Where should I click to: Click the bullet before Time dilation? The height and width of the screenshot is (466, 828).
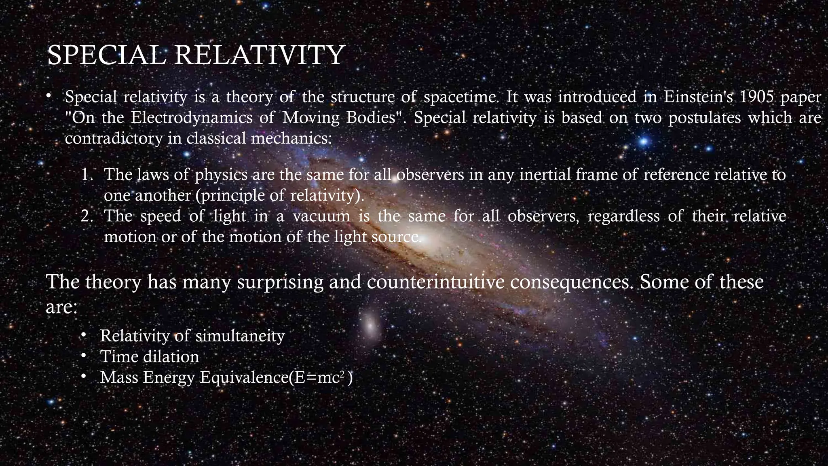[83, 356]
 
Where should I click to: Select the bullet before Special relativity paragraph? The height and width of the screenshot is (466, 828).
[49, 96]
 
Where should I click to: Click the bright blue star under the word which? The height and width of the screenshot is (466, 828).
[644, 142]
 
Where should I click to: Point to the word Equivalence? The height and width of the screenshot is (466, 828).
[245, 377]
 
